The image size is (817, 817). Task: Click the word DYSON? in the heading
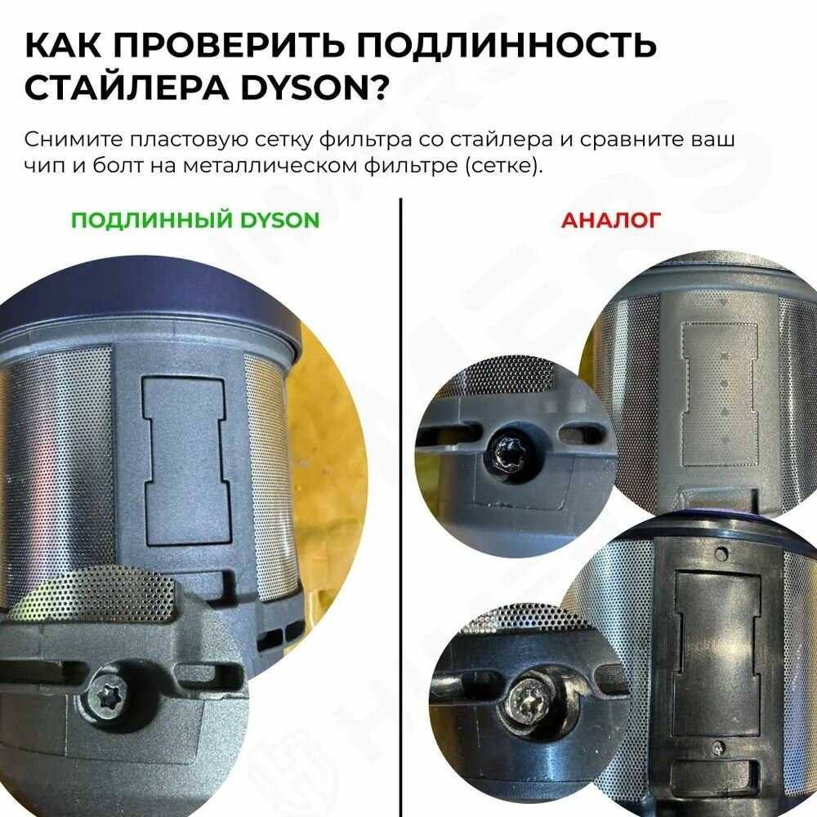click(315, 87)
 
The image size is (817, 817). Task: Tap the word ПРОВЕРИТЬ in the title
click(229, 44)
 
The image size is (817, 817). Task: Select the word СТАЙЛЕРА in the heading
click(126, 87)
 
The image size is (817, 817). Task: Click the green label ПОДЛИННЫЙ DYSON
click(195, 220)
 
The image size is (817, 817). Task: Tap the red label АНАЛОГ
click(610, 220)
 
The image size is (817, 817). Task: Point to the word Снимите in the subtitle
click(73, 139)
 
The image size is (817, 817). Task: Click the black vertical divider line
click(400, 507)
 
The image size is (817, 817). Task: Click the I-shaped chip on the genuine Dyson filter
click(187, 461)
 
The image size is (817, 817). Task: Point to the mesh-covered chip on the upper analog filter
click(720, 394)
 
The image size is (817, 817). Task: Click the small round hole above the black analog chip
click(721, 551)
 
